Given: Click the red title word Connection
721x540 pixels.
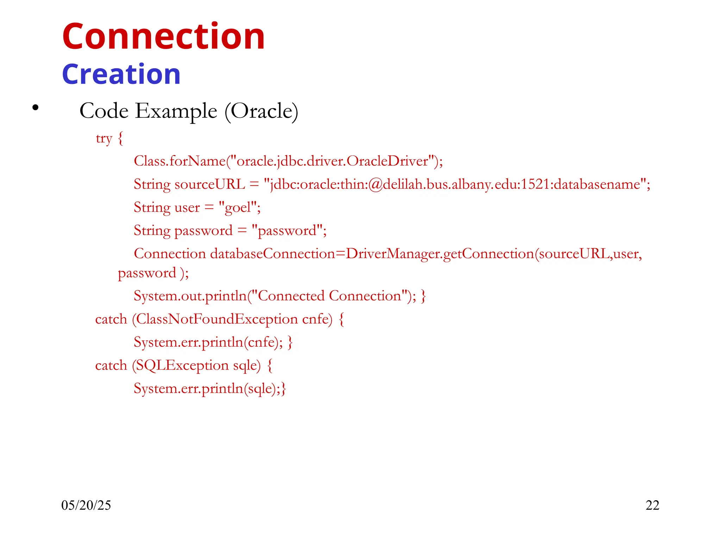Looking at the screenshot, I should [163, 37].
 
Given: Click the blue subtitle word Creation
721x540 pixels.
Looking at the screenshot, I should [121, 75].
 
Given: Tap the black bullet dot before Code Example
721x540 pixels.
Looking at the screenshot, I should [35, 108].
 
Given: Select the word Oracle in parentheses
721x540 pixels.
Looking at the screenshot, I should [261, 111].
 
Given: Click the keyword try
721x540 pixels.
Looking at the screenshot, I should [104, 139].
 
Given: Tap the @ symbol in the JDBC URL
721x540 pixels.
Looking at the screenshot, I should [376, 185].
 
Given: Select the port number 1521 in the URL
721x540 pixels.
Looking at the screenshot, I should [535, 185].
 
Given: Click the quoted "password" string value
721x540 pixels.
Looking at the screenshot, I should [287, 231].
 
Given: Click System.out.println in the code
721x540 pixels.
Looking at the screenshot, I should [190, 296].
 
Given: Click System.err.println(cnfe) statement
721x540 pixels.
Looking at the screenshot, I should [208, 342].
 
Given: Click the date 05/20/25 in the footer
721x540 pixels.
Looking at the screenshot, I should [86, 506].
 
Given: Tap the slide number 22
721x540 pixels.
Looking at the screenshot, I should [652, 506].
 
